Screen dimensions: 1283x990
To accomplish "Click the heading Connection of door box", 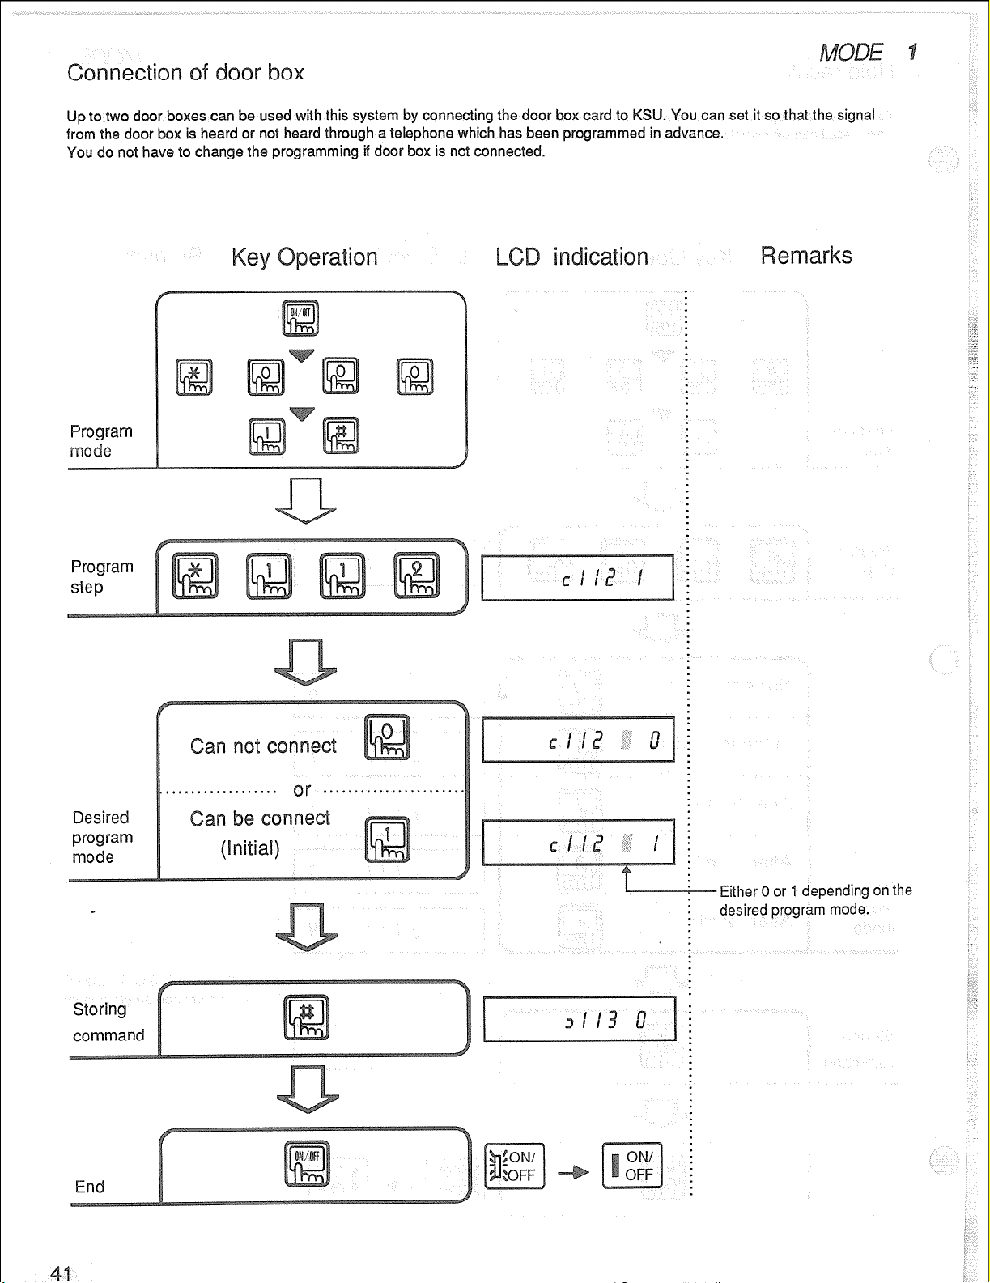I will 185,72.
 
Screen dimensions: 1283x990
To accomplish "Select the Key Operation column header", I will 304,257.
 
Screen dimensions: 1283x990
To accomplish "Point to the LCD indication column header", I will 571,257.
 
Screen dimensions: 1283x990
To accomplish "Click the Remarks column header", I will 805,256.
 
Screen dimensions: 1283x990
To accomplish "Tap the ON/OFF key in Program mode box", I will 300,317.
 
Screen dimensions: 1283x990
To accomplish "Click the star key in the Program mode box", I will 194,377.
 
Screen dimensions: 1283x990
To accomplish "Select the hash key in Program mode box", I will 341,435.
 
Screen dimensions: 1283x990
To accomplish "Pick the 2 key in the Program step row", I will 416,576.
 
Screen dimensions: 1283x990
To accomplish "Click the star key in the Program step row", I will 195,576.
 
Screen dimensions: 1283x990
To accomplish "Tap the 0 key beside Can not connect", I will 388,737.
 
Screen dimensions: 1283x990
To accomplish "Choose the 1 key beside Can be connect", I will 388,839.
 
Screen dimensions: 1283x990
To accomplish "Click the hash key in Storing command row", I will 307,1017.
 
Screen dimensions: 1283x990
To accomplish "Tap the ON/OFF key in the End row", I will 307,1163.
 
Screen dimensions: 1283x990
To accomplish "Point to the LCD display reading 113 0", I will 579,1019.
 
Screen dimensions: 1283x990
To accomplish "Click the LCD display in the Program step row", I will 577,577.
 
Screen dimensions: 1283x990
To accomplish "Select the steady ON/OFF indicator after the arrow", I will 632,1166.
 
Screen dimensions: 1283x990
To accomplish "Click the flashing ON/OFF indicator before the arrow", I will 515,1166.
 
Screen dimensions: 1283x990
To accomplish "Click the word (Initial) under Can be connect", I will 250,848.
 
